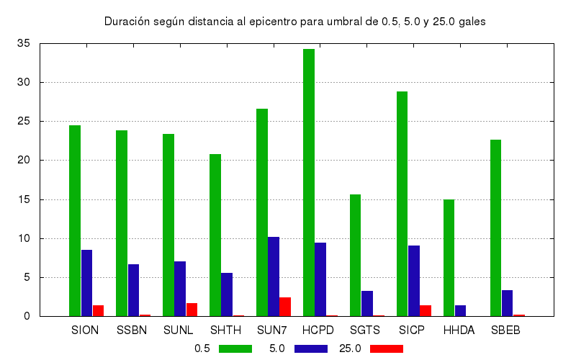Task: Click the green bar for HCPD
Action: coord(309,183)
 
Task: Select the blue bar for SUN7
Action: coord(274,276)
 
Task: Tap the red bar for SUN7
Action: coord(285,307)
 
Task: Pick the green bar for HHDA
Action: coord(449,258)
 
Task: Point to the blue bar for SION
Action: coord(86,283)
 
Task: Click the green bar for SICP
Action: coord(402,204)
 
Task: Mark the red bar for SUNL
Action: coord(192,310)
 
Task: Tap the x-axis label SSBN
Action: coord(132,330)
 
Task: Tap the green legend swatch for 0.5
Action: coord(235,348)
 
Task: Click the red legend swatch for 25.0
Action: coord(387,348)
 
